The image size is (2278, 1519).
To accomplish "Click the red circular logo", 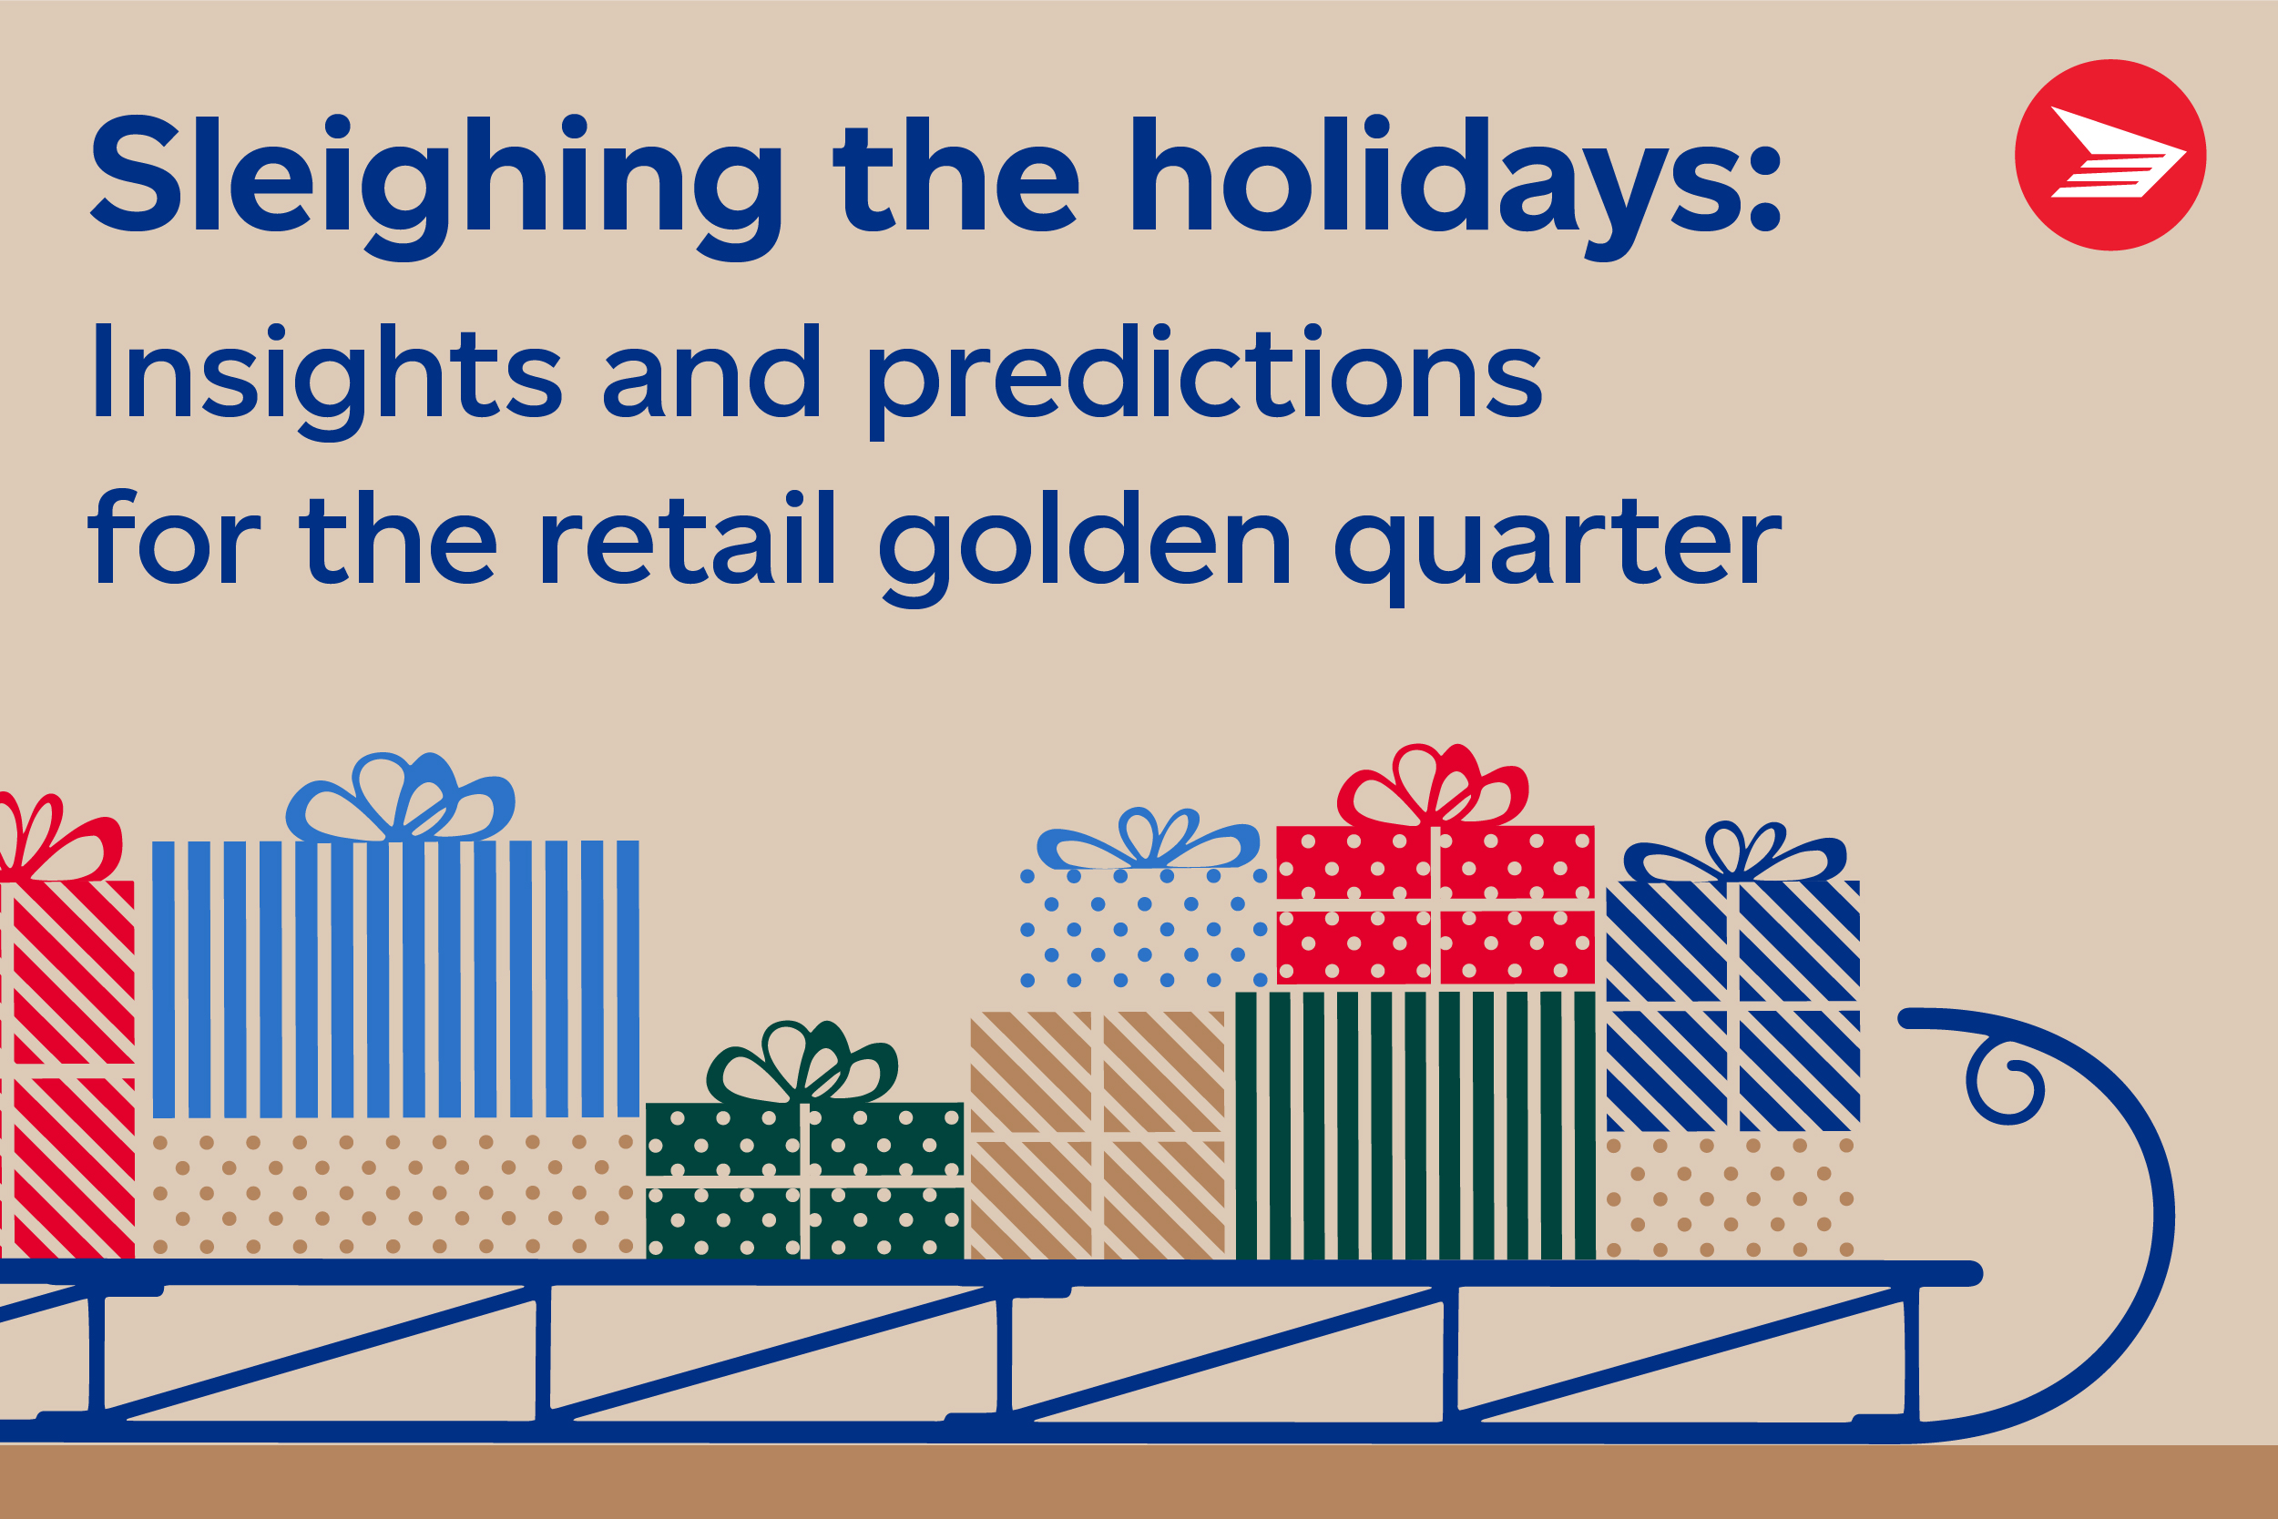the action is [x=2110, y=155].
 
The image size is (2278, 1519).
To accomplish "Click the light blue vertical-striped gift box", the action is [x=395, y=979].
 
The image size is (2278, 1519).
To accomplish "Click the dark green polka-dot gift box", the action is [x=804, y=1181].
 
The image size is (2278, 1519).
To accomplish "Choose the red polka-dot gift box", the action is [x=1435, y=904].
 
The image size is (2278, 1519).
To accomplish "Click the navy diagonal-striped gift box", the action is [x=1732, y=1005].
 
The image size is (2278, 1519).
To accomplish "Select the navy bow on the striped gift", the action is [x=1734, y=853].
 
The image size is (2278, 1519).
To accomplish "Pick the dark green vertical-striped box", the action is [x=1415, y=1125].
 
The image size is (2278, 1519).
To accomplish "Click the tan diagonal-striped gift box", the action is [x=1097, y=1136].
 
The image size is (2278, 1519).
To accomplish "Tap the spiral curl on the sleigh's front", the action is [x=2005, y=1083].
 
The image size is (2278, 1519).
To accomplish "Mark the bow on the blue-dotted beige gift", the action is [x=1149, y=840].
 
